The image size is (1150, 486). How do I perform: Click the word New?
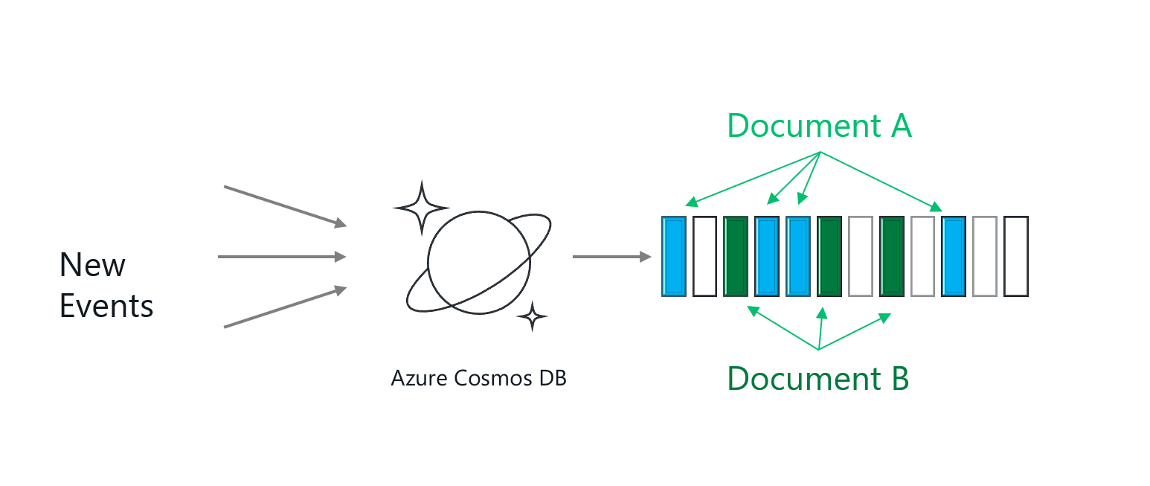[x=93, y=265]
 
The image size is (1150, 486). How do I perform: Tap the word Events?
[x=106, y=306]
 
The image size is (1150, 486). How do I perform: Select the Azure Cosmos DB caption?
[x=478, y=378]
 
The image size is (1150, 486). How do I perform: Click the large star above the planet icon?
[x=421, y=206]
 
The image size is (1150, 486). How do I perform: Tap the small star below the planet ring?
[x=532, y=317]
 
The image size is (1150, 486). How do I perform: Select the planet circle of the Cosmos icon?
[x=478, y=262]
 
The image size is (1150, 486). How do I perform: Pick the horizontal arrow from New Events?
[x=282, y=257]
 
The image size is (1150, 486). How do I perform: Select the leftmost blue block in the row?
[x=674, y=256]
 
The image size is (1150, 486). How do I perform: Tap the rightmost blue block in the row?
[x=954, y=256]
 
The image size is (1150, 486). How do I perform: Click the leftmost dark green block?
[x=736, y=256]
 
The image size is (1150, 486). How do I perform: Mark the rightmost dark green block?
[x=891, y=256]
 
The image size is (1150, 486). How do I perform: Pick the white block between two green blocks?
[x=860, y=256]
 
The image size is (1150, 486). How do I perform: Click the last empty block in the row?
[x=1016, y=256]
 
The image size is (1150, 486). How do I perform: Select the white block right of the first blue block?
[x=704, y=256]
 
